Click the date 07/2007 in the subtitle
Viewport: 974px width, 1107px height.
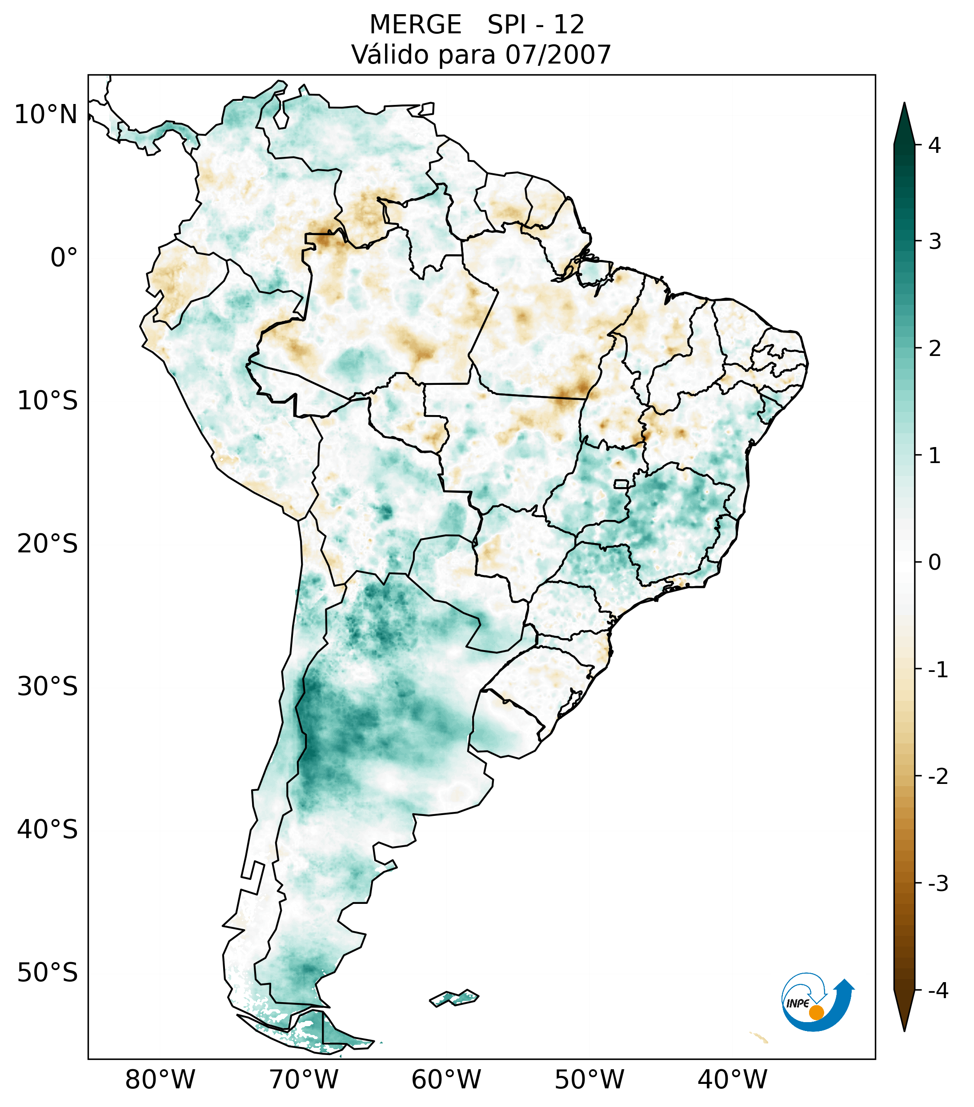(558, 55)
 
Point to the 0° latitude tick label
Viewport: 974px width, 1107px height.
(64, 258)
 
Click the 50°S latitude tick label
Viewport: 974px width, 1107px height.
(48, 973)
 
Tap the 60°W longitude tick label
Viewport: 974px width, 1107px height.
(446, 1079)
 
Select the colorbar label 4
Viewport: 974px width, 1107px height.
(934, 145)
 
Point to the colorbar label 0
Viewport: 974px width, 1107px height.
(934, 563)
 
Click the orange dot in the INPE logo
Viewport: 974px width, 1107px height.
(816, 1012)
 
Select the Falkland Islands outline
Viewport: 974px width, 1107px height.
(454, 997)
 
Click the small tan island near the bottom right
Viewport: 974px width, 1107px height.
(759, 1038)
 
